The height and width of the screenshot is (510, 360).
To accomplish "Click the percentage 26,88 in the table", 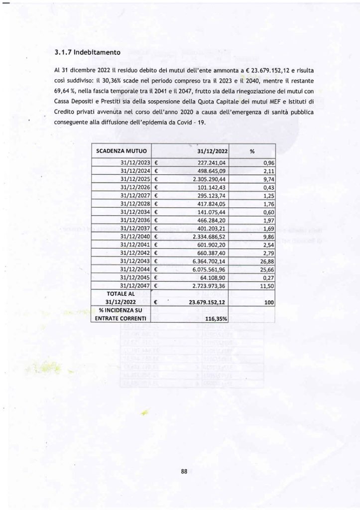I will coord(268,261).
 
